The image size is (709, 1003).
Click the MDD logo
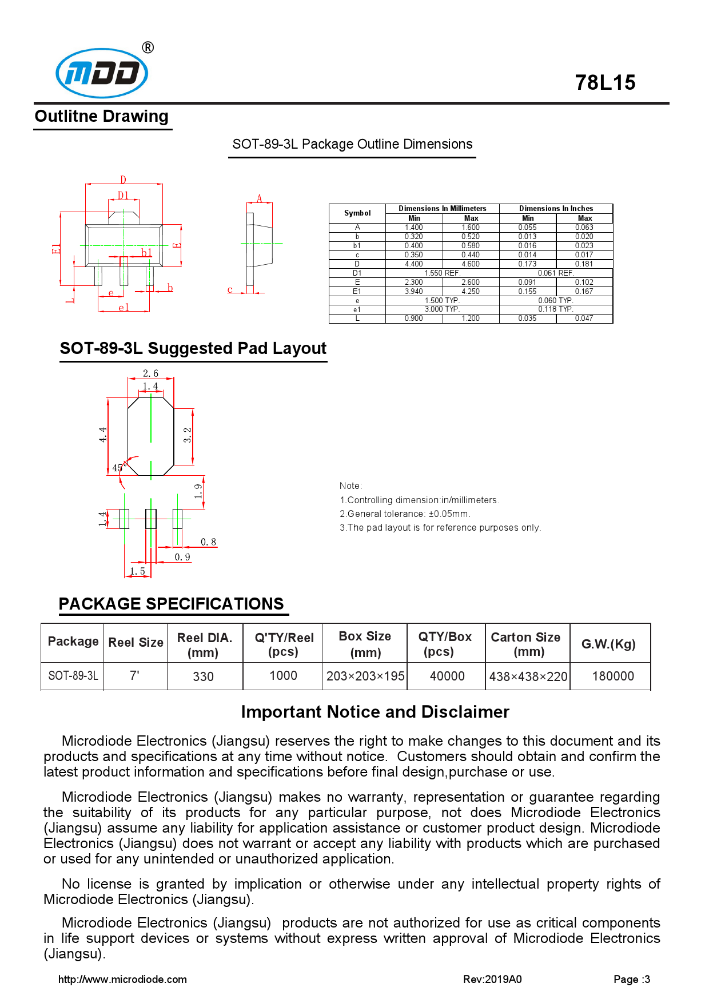tap(102, 73)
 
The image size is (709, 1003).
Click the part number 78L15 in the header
tap(605, 83)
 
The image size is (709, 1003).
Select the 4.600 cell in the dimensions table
tap(471, 264)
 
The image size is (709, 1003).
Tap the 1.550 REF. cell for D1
tap(442, 273)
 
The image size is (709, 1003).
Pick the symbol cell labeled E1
tap(357, 292)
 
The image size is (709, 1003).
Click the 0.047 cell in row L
tap(584, 319)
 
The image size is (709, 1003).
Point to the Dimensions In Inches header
tap(556, 209)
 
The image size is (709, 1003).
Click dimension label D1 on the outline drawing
tap(123, 196)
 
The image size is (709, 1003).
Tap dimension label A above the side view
tap(259, 198)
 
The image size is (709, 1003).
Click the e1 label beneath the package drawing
tap(124, 308)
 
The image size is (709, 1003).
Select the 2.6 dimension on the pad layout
tap(150, 373)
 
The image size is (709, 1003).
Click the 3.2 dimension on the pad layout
tap(188, 435)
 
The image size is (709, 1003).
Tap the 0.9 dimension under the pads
tap(182, 557)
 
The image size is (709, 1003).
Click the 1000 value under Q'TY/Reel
tap(283, 676)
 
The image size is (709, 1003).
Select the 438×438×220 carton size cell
tap(528, 676)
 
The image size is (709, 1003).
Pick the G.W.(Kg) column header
tap(608, 644)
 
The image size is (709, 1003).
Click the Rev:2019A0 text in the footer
tap(492, 979)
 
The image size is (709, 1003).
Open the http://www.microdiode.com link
tap(122, 979)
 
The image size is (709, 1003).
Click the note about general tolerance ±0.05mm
tap(405, 514)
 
